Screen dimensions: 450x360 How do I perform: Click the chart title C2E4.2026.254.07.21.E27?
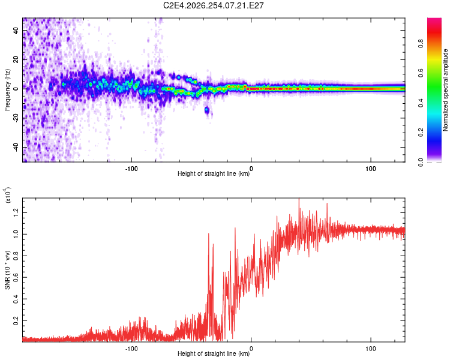(x=213, y=5)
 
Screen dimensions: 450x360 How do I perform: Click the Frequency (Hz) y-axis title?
(x=7, y=90)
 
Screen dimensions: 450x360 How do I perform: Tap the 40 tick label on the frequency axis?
(x=16, y=30)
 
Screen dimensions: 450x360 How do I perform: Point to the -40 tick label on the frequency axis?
(x=16, y=148)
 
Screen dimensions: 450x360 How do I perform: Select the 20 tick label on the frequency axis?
(x=16, y=59)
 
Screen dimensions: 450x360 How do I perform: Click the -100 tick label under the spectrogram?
(x=131, y=169)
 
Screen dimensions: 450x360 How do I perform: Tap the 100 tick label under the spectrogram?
(x=371, y=169)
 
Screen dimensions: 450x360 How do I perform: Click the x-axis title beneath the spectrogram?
(x=214, y=173)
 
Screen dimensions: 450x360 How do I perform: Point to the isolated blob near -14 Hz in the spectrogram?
(x=206, y=110)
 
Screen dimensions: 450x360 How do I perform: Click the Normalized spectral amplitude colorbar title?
(x=445, y=90)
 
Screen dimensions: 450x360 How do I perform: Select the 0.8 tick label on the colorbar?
(x=421, y=44)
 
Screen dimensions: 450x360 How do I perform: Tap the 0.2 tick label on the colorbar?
(x=421, y=133)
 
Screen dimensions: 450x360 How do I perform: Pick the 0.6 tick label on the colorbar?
(x=421, y=73)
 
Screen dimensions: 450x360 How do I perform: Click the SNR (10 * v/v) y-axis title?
(x=7, y=270)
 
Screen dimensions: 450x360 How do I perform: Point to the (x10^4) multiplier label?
(x=7, y=195)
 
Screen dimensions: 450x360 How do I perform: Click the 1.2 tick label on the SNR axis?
(x=16, y=213)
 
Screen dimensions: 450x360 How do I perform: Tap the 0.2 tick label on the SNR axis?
(x=16, y=320)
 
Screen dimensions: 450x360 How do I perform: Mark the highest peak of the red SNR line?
(x=299, y=199)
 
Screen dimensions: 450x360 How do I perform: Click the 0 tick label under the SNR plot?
(x=251, y=349)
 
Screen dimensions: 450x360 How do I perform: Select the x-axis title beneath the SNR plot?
(x=214, y=353)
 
